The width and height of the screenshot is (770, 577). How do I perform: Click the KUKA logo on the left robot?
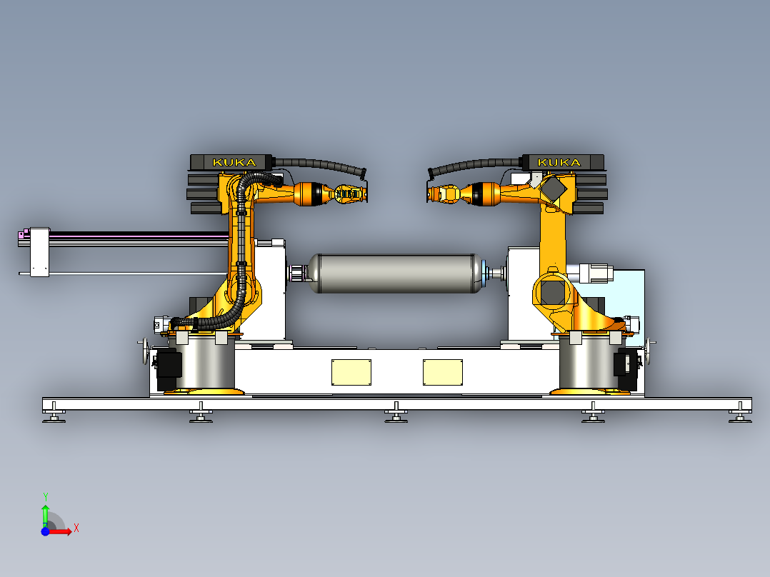(x=234, y=163)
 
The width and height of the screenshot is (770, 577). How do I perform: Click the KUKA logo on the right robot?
(x=559, y=163)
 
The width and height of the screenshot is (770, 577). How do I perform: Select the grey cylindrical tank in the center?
(x=395, y=274)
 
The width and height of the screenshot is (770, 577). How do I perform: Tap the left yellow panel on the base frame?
(x=351, y=372)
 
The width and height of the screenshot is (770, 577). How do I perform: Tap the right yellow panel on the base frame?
(x=442, y=372)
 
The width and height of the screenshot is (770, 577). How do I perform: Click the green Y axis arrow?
(x=45, y=515)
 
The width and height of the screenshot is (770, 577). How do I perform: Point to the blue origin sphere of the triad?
(x=45, y=531)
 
